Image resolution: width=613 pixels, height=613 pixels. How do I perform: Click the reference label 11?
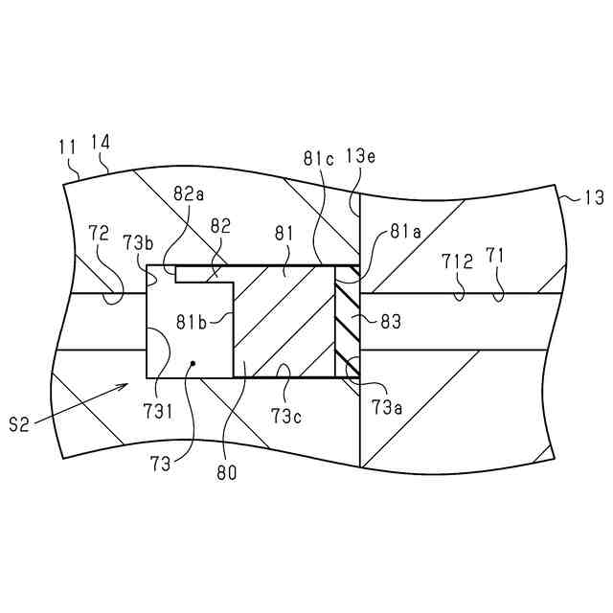point(67,148)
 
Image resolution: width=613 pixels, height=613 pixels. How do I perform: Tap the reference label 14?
point(100,142)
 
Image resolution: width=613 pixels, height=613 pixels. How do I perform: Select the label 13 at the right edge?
point(594,198)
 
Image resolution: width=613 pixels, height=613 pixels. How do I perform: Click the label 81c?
point(319,159)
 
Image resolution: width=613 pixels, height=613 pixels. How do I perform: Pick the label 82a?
point(189,193)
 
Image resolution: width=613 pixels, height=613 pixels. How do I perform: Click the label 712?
point(457,259)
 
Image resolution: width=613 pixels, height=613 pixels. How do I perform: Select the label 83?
point(391,323)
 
